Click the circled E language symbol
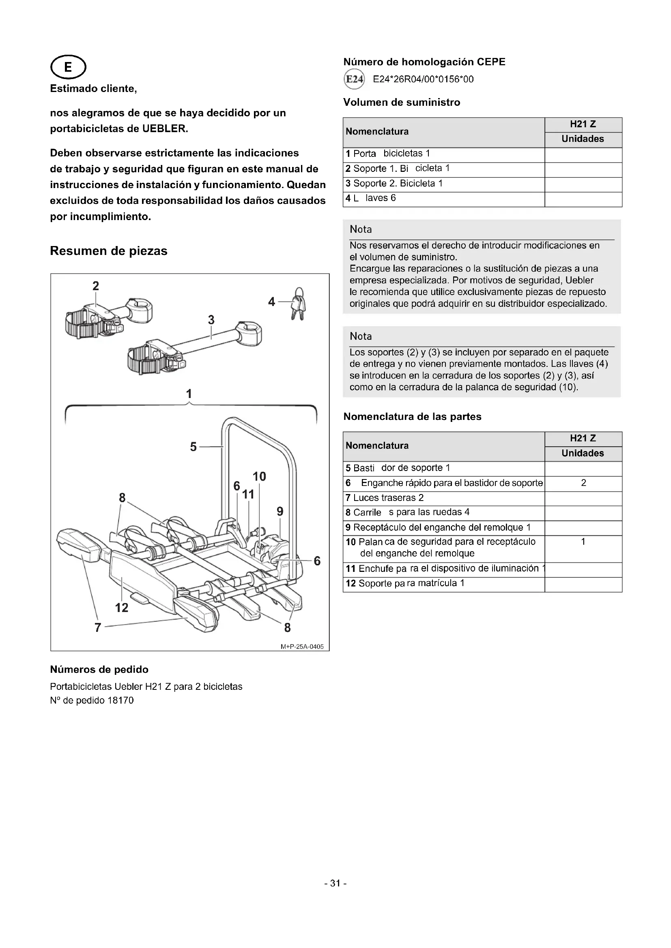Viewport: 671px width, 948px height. pyautogui.click(x=68, y=67)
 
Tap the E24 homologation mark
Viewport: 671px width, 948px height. pyautogui.click(x=354, y=79)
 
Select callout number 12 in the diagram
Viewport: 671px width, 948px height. pyautogui.click(x=121, y=608)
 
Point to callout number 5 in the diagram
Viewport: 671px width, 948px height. pyautogui.click(x=193, y=447)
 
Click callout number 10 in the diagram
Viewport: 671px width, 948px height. pyautogui.click(x=259, y=477)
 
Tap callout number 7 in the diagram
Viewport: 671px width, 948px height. pyautogui.click(x=97, y=627)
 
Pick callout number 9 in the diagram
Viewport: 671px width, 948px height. pyautogui.click(x=280, y=511)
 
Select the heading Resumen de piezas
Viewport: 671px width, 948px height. pyautogui.click(x=109, y=251)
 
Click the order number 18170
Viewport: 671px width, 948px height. pyautogui.click(x=120, y=700)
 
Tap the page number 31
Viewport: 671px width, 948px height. pyautogui.click(x=335, y=883)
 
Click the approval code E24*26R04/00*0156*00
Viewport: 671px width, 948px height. pyautogui.click(x=423, y=79)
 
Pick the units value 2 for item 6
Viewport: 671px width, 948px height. pyautogui.click(x=583, y=483)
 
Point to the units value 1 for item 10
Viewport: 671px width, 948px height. pyautogui.click(x=583, y=542)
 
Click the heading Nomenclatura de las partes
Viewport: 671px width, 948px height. pyautogui.click(x=412, y=417)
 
